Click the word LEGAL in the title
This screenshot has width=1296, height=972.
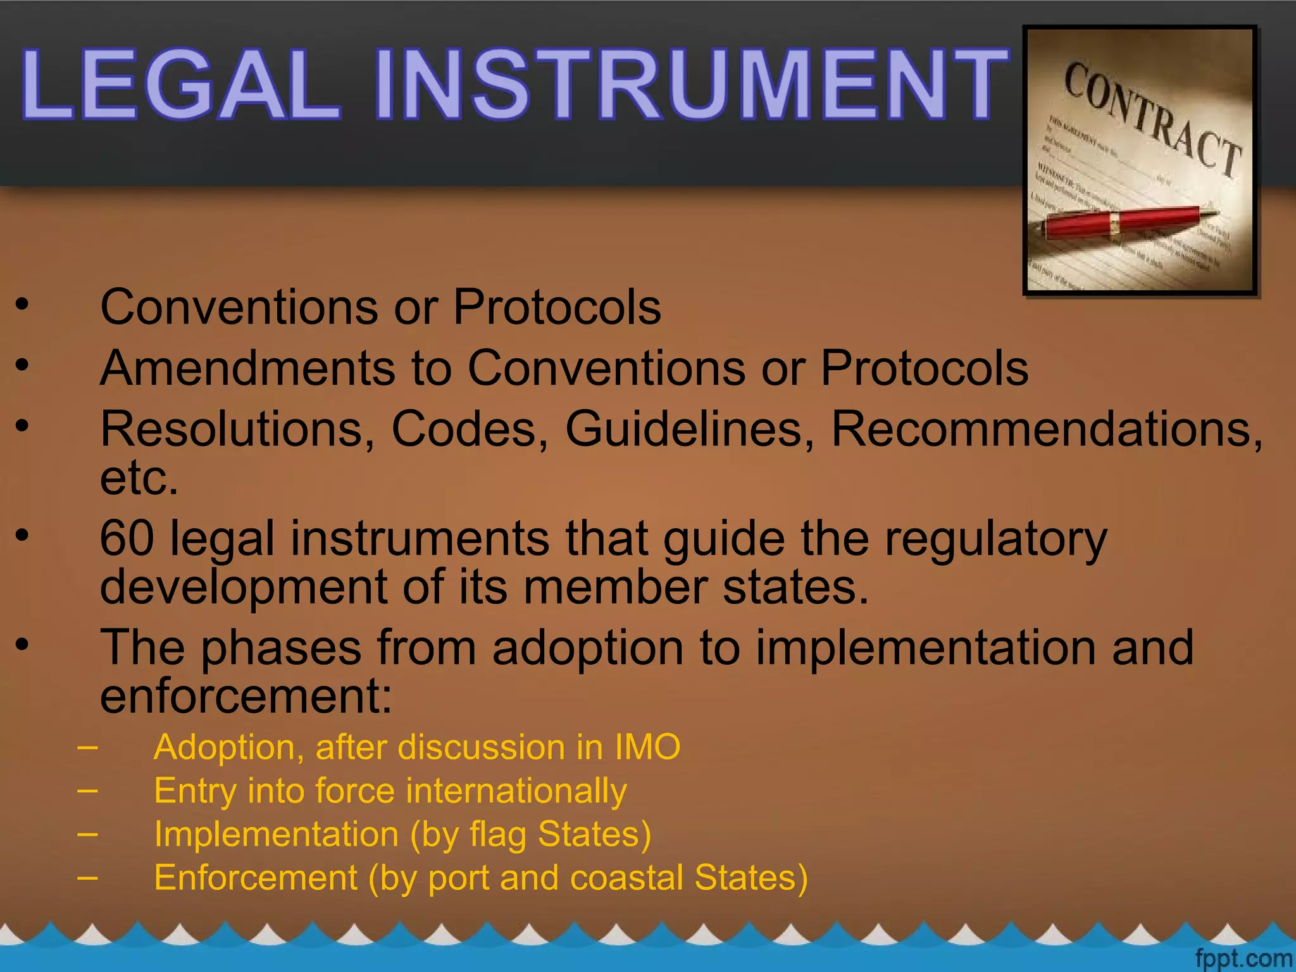[x=180, y=84]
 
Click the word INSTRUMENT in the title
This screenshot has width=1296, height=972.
[x=690, y=84]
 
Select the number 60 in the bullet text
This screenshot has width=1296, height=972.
[x=127, y=539]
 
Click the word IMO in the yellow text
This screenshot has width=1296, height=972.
[x=647, y=747]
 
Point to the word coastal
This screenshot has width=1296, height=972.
[x=626, y=878]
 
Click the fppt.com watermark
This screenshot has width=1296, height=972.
[x=1243, y=958]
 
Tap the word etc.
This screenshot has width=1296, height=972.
[x=139, y=478]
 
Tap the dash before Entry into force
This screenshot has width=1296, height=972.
[x=87, y=790]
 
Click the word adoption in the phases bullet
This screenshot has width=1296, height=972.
[x=587, y=649]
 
